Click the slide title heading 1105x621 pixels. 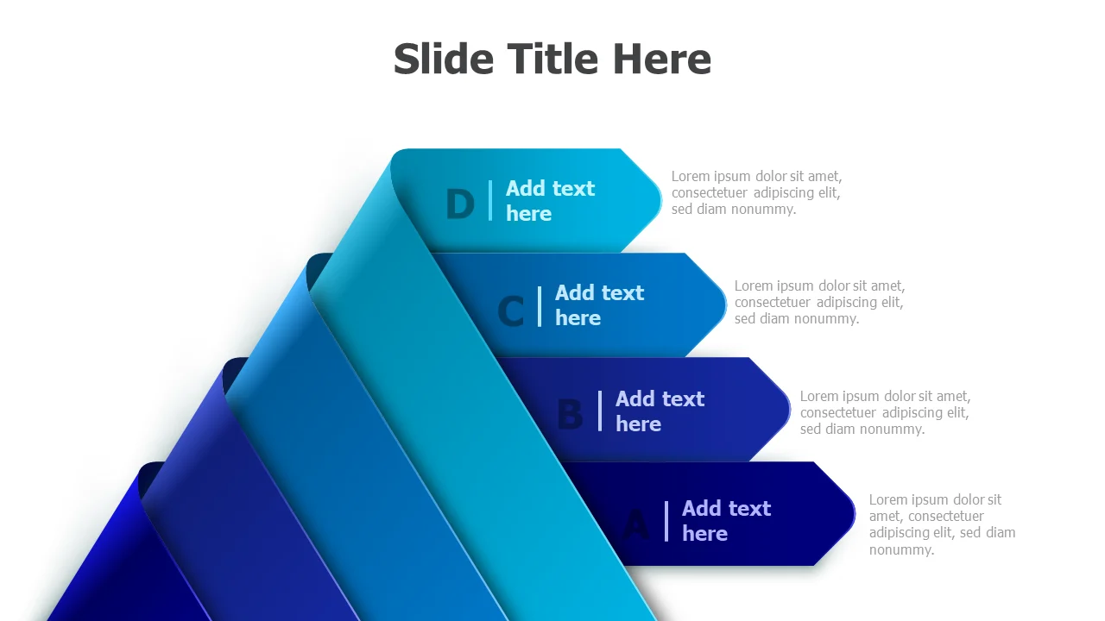pyautogui.click(x=552, y=60)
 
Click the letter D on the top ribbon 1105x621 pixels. pyautogui.click(x=460, y=205)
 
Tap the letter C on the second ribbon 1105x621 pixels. pyautogui.click(x=511, y=311)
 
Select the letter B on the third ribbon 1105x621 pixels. pyautogui.click(x=570, y=415)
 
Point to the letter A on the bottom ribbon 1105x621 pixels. pyautogui.click(x=636, y=524)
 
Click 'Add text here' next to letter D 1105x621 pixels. pyautogui.click(x=550, y=201)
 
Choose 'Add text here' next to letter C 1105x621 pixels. pyautogui.click(x=599, y=305)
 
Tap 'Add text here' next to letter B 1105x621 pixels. pyautogui.click(x=660, y=411)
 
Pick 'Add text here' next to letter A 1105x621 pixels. pyautogui.click(x=726, y=521)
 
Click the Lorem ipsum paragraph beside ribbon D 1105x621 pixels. pyautogui.click(x=756, y=192)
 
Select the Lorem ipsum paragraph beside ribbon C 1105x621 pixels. pyautogui.click(x=819, y=302)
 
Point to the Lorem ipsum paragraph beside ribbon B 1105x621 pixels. pyautogui.click(x=885, y=412)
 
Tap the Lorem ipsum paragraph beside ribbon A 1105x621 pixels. pyautogui.click(x=942, y=524)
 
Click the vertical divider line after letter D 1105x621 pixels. pyautogui.click(x=490, y=201)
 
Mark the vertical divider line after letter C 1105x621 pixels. pyautogui.click(x=540, y=306)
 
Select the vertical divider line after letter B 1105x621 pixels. pyautogui.click(x=600, y=411)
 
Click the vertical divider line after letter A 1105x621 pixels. pyautogui.click(x=666, y=521)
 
